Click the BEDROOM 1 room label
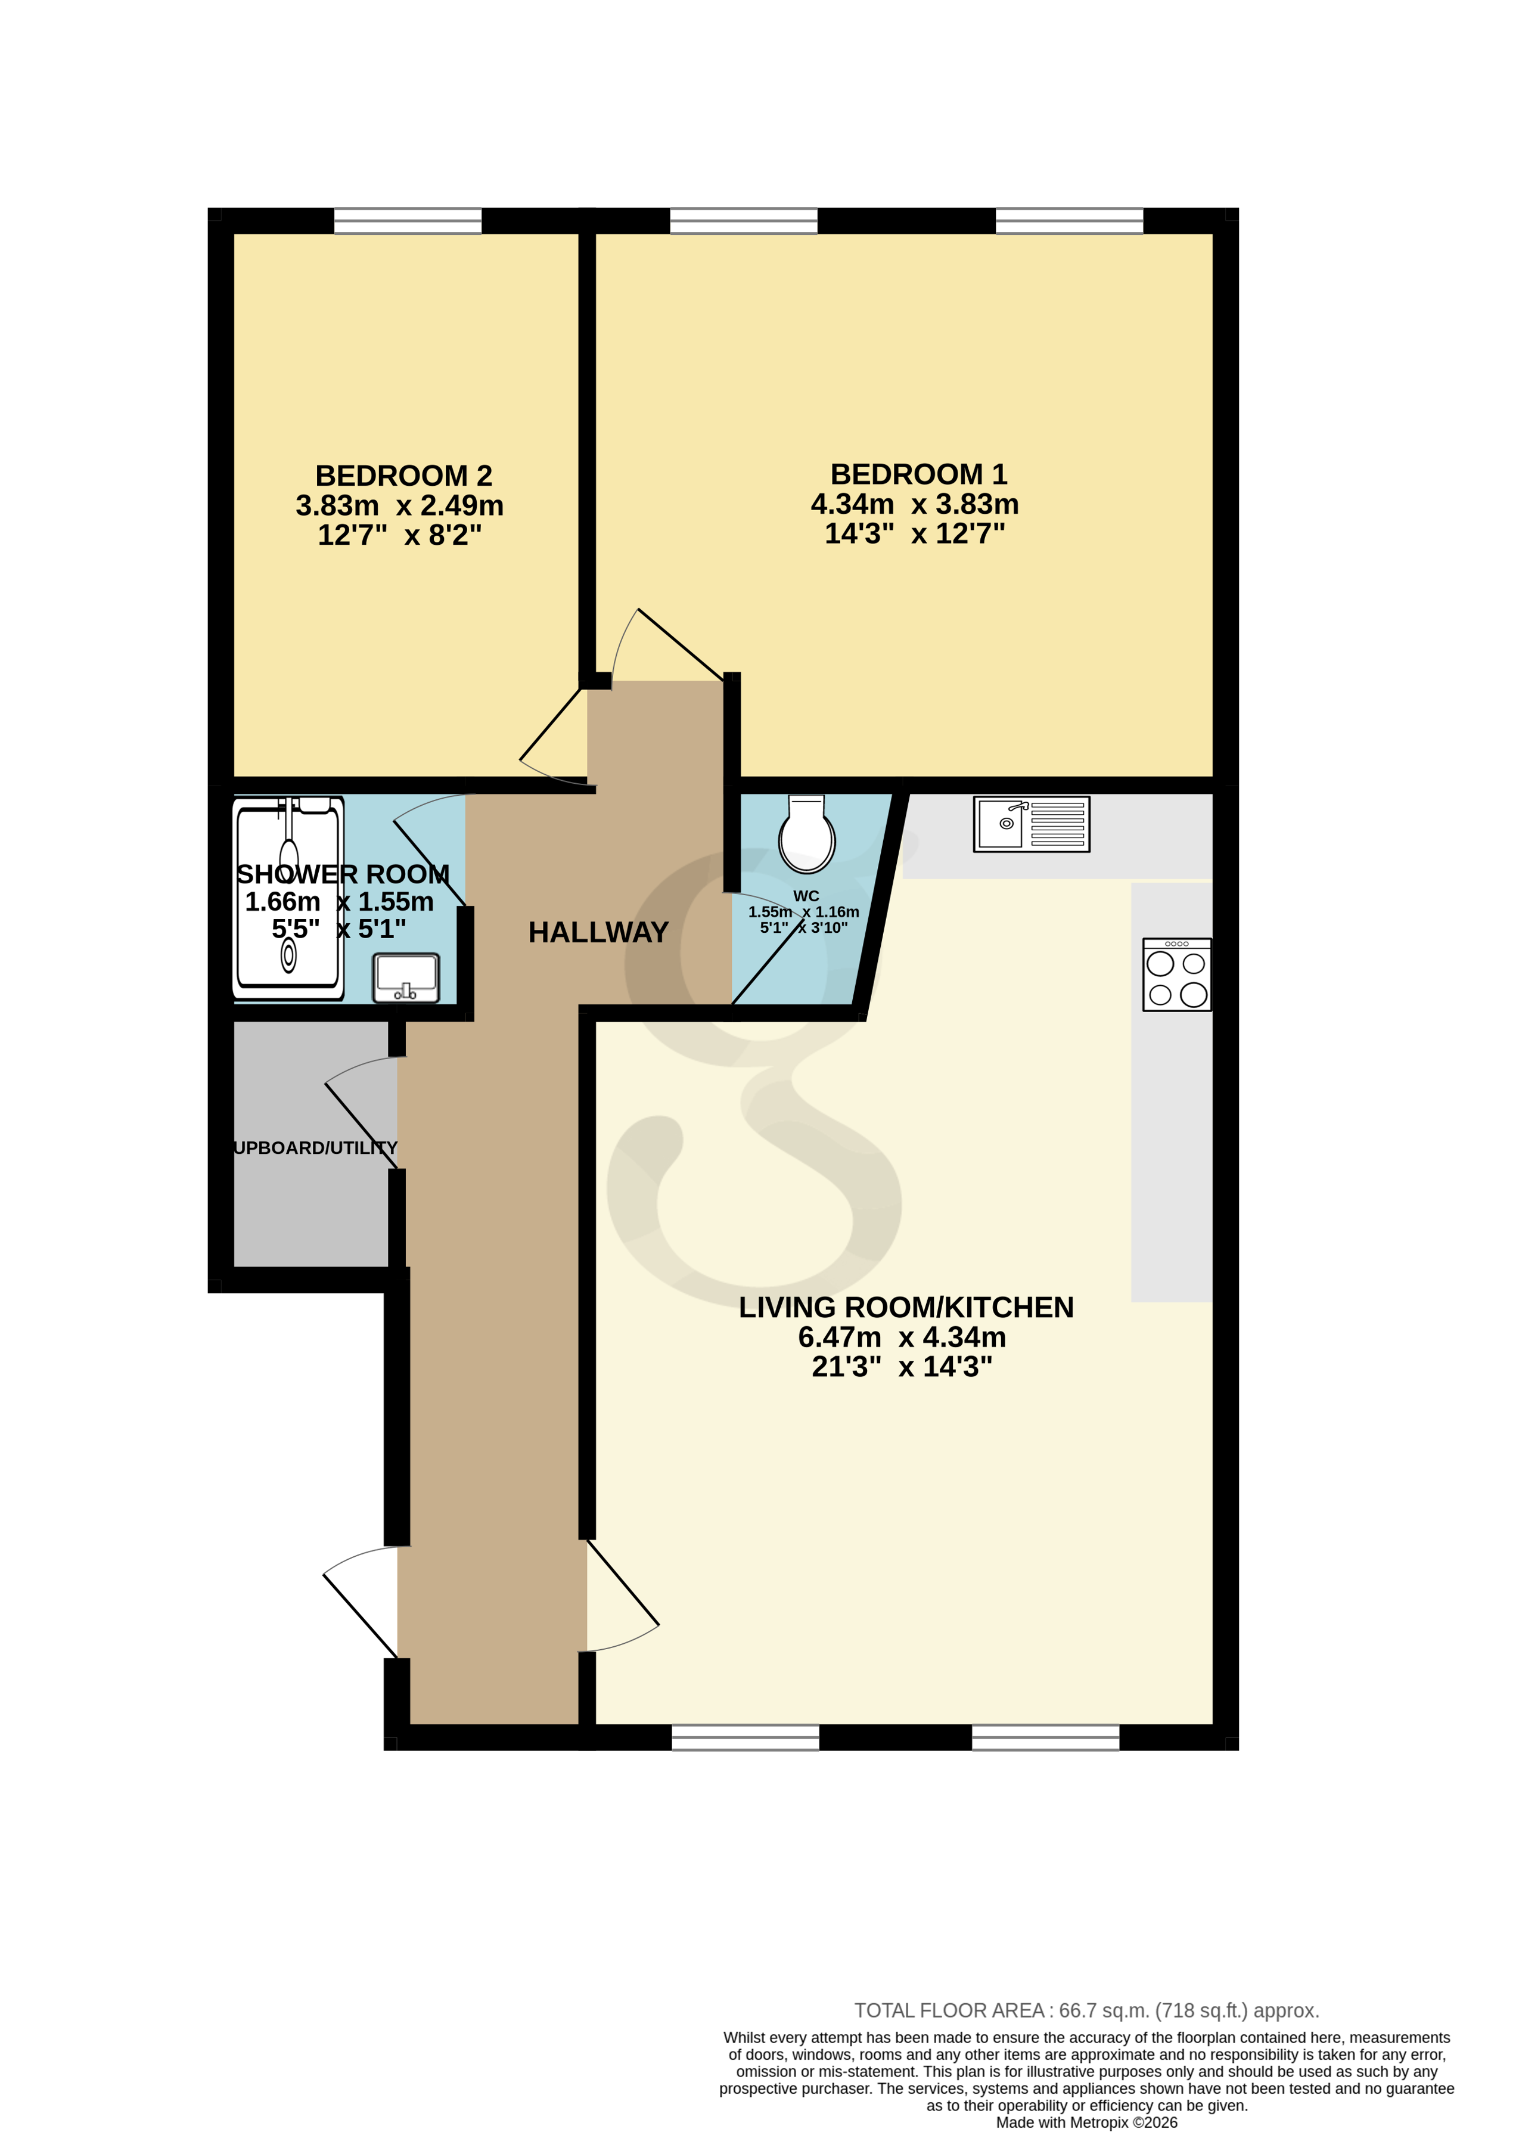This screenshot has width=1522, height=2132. coord(918,474)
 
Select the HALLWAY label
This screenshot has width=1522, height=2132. coord(598,932)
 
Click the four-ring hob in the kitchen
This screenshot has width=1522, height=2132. coord(1176,975)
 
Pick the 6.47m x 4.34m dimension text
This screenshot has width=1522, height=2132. coord(902,1337)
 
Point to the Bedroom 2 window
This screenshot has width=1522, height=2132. coord(408,221)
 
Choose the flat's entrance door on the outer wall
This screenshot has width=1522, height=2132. coord(361,1603)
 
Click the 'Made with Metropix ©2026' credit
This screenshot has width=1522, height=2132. coord(1086,2122)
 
